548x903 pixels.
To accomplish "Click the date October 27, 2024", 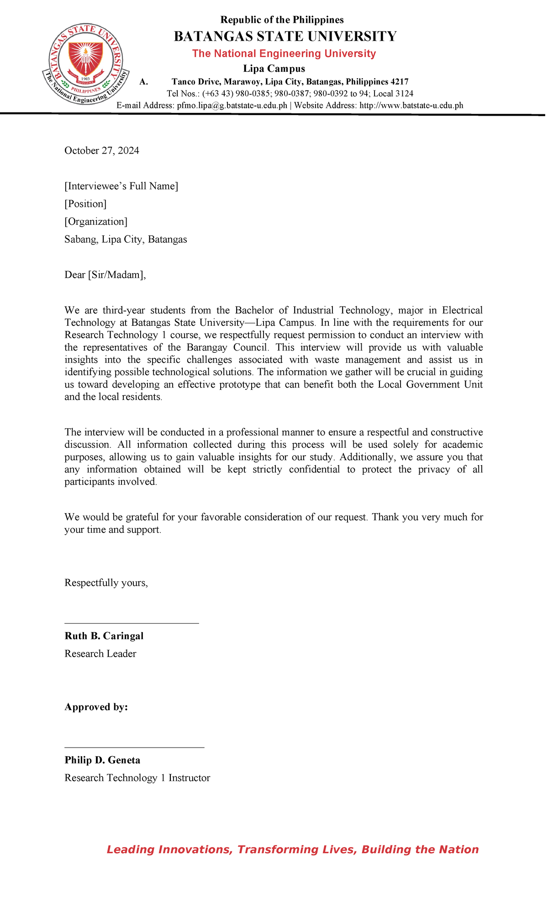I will click(x=101, y=151).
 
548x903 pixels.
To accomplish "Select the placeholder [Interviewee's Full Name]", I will click(x=121, y=186).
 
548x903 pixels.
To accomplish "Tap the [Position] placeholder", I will click(x=85, y=204).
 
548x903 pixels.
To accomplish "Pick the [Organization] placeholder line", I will click(x=96, y=222).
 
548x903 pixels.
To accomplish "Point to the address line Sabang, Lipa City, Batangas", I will click(x=126, y=239).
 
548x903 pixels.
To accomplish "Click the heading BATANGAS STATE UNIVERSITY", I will click(x=285, y=37).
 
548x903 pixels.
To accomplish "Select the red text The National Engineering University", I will click(x=284, y=53).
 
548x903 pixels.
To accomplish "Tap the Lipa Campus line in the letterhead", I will click(x=274, y=69).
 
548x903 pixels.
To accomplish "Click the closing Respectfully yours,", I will click(x=106, y=583).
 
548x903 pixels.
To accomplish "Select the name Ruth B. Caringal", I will click(x=104, y=636).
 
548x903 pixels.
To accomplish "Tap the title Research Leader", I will click(x=100, y=654).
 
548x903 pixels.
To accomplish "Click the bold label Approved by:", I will click(x=96, y=707).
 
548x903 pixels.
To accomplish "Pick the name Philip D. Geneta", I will click(x=102, y=760).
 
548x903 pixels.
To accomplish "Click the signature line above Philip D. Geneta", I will click(x=134, y=748).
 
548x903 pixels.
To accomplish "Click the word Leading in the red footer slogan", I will click(x=130, y=850).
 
